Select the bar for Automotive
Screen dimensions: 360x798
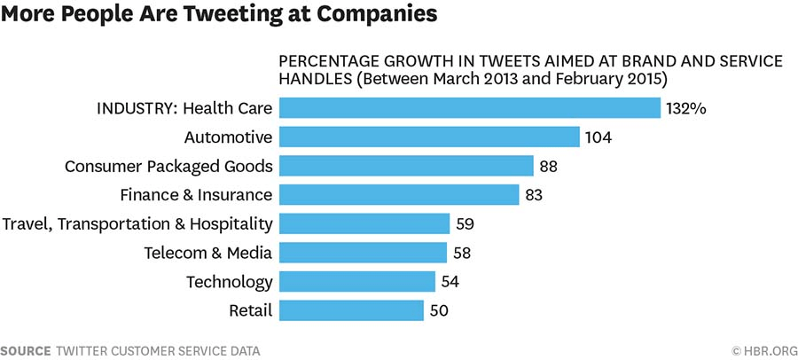(x=430, y=137)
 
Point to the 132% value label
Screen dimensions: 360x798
(x=685, y=108)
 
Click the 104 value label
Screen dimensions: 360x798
(x=598, y=137)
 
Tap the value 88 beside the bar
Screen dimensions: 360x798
(x=549, y=166)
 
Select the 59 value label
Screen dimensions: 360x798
(x=465, y=223)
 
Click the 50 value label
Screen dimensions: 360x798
(x=441, y=310)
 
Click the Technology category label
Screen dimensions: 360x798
(x=229, y=282)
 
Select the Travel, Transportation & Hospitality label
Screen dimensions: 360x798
(x=138, y=223)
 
